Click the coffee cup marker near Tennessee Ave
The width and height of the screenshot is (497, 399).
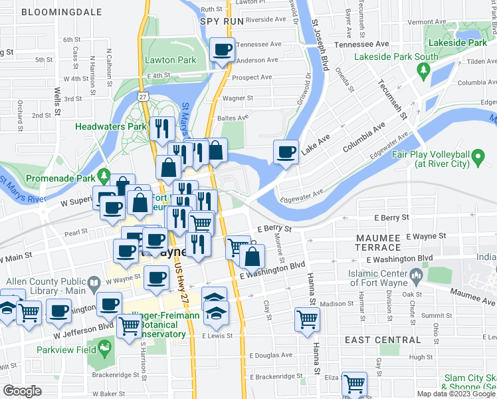pos(223,49)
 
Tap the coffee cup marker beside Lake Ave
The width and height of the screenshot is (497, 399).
pos(286,152)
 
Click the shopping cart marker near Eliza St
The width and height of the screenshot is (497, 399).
pos(354,382)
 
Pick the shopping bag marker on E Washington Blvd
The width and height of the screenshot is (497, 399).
pos(252,256)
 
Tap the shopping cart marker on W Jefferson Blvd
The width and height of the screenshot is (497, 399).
pos(129,326)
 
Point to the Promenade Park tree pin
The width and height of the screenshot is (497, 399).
pos(103,176)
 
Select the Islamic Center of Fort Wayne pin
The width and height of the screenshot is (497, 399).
pos(416,274)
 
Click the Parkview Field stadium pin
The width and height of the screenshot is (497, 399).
pos(104,346)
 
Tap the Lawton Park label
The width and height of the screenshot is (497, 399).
pos(170,60)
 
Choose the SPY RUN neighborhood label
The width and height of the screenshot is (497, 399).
pos(222,21)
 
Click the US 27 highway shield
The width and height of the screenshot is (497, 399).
pos(143,96)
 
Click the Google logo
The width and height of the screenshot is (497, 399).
pos(23,391)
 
